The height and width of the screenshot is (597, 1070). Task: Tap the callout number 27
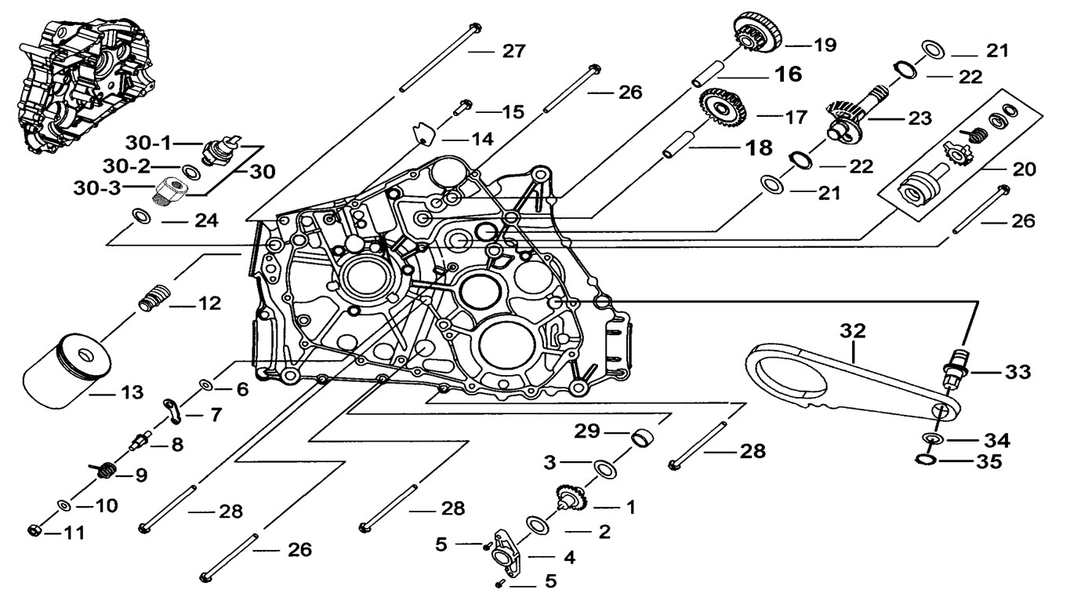(x=513, y=52)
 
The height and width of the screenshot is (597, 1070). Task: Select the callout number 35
(x=989, y=462)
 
